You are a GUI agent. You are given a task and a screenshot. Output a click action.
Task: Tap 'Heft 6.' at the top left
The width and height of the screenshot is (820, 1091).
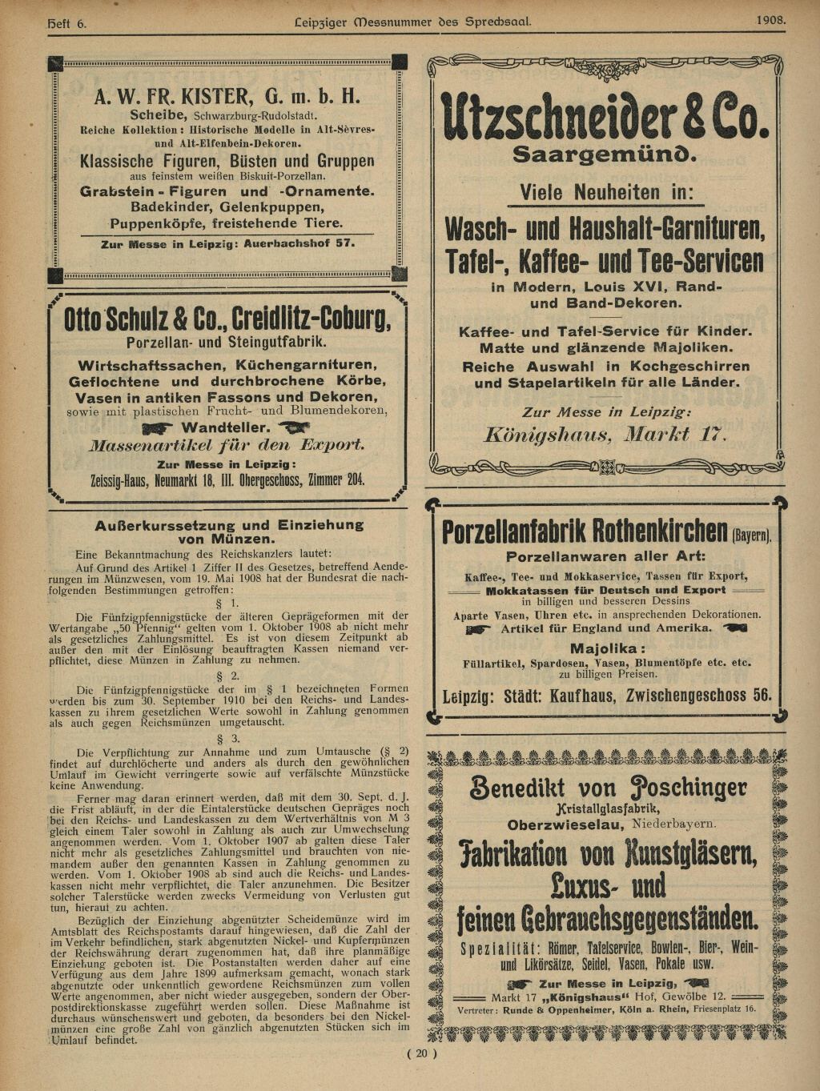pyautogui.click(x=68, y=24)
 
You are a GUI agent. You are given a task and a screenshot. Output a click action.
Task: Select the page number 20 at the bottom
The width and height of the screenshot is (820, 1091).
pyautogui.click(x=422, y=1053)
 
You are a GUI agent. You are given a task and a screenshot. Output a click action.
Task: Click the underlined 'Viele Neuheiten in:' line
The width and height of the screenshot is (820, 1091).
pyautogui.click(x=605, y=193)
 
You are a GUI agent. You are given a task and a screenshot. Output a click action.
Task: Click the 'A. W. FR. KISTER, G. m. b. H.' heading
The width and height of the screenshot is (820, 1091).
pyautogui.click(x=227, y=97)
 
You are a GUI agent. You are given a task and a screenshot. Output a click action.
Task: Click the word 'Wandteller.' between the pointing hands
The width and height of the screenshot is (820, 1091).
pyautogui.click(x=226, y=427)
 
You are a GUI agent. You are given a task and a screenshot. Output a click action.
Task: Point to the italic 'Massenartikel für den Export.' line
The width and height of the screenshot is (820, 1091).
pyautogui.click(x=227, y=445)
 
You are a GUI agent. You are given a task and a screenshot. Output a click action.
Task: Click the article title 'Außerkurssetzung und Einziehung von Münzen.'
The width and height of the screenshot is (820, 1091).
pyautogui.click(x=229, y=531)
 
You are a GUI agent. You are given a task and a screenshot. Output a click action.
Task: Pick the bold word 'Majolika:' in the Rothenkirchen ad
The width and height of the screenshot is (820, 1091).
pyautogui.click(x=605, y=648)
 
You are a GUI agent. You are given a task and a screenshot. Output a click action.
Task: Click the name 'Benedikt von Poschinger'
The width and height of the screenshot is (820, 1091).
pyautogui.click(x=608, y=788)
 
